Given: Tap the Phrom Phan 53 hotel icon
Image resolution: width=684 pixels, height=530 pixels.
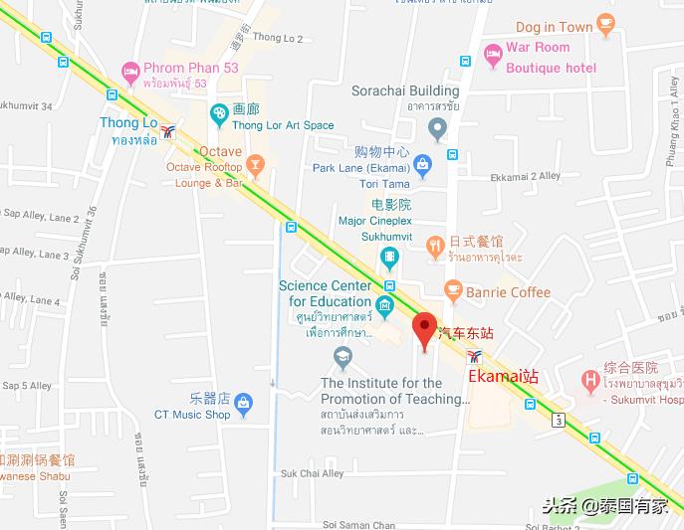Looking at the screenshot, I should tap(129, 71).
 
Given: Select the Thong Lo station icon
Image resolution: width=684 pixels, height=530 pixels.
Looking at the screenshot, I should tap(169, 131).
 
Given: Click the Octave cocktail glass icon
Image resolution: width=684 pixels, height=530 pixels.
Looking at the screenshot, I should tap(256, 164).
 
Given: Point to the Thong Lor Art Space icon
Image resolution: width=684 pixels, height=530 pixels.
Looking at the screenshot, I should tap(219, 116).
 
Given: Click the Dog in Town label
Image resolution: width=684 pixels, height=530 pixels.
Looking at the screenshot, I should tap(554, 27).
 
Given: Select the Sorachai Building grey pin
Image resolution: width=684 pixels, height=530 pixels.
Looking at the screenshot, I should tap(436, 128).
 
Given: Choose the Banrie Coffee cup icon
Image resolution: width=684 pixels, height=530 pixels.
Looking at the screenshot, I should tap(454, 291).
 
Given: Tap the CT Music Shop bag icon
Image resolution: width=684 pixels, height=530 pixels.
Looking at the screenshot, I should tap(244, 403).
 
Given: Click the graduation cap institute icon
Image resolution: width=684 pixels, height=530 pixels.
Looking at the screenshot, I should tap(343, 355).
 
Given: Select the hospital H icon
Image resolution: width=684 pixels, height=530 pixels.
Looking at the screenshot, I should tap(591, 380).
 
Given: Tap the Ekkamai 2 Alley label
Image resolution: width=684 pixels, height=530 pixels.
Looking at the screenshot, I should tap(526, 176).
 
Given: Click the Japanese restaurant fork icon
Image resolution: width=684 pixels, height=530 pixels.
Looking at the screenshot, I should tap(434, 245).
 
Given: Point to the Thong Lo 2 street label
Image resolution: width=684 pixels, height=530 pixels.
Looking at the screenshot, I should tap(278, 38).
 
